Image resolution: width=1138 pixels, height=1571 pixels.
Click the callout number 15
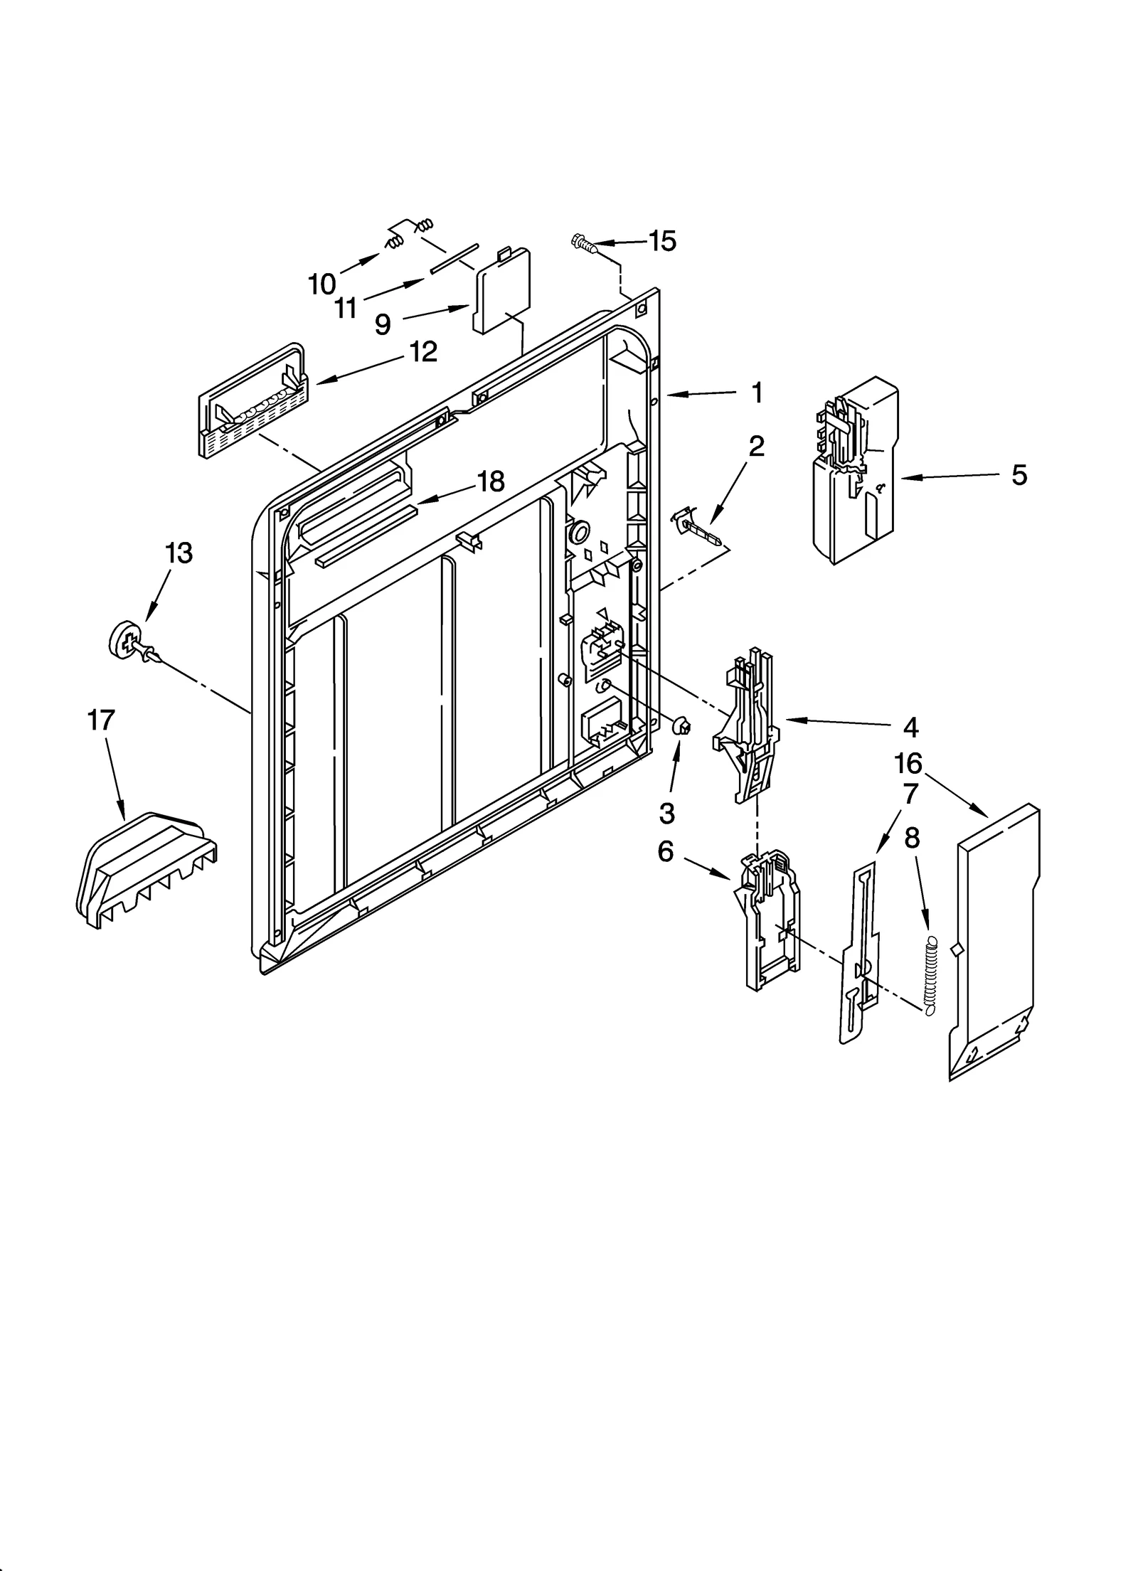(x=662, y=242)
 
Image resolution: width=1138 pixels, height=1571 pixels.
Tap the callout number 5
(x=1019, y=475)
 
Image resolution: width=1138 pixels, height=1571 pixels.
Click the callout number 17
(x=101, y=720)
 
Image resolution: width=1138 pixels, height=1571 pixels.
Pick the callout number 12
(x=424, y=352)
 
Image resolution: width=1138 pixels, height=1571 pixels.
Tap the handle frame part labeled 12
(x=252, y=402)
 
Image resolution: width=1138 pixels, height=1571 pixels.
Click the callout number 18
(x=491, y=481)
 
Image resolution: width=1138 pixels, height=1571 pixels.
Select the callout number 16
(x=908, y=764)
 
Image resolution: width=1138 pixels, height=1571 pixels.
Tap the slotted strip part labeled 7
(x=859, y=953)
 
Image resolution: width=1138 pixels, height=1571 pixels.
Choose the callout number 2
(x=756, y=447)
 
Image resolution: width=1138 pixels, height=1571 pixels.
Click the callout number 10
(x=321, y=284)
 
